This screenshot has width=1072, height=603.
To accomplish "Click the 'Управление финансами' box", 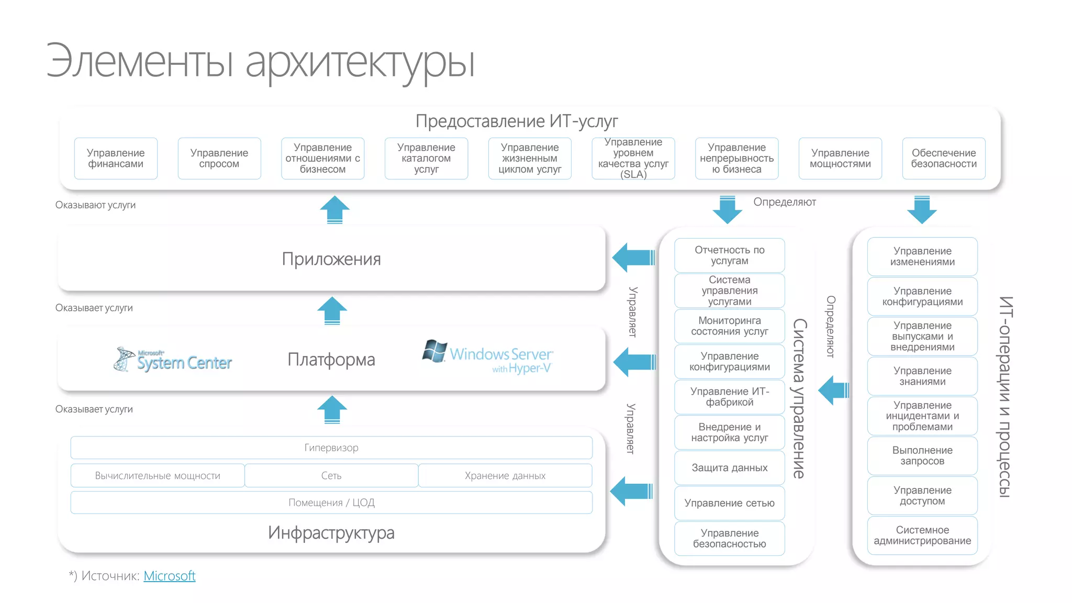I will pyautogui.click(x=116, y=158).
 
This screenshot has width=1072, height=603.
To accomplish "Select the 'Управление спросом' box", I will pyautogui.click(x=219, y=158).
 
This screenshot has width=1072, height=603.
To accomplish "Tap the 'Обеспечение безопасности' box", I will pyautogui.click(x=943, y=158).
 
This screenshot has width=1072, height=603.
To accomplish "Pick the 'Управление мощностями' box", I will pyautogui.click(x=840, y=158).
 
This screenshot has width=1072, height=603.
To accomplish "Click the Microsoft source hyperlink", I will pyautogui.click(x=169, y=576).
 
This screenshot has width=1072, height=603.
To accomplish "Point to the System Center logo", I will pyautogui.click(x=173, y=360).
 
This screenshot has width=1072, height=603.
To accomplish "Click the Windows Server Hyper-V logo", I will pyautogui.click(x=488, y=357).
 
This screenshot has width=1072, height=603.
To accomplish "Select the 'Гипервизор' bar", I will pyautogui.click(x=331, y=448).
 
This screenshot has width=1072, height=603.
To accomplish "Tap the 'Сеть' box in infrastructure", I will pyautogui.click(x=331, y=475).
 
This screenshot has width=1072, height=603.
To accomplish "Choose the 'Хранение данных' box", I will pyautogui.click(x=505, y=475).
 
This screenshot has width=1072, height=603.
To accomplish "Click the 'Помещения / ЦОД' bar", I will pyautogui.click(x=331, y=502).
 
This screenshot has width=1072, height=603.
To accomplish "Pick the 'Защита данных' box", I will pyautogui.click(x=729, y=467).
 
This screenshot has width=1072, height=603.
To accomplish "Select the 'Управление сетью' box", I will pyautogui.click(x=729, y=503).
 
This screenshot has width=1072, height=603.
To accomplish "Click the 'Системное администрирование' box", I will pyautogui.click(x=922, y=535).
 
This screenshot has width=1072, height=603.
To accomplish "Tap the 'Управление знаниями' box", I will pyautogui.click(x=922, y=376).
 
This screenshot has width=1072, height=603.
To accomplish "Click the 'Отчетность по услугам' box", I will pyautogui.click(x=729, y=255).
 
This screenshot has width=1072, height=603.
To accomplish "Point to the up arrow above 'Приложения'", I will pyautogui.click(x=334, y=209).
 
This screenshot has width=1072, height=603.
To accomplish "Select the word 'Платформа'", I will pyautogui.click(x=331, y=360).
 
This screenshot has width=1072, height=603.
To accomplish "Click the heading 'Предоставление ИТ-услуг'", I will pyautogui.click(x=517, y=121).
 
